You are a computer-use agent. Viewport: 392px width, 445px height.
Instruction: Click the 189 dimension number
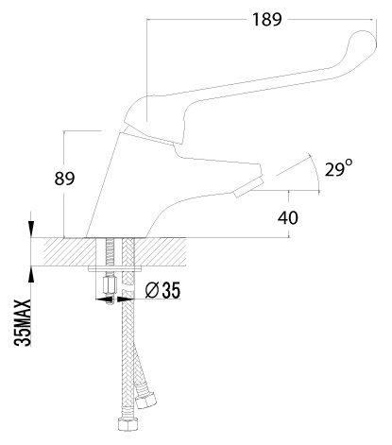(266, 20)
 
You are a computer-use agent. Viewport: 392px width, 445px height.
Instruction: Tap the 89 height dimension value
(64, 179)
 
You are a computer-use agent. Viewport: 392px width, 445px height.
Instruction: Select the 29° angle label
(338, 168)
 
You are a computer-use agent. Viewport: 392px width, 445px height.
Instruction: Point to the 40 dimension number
(287, 217)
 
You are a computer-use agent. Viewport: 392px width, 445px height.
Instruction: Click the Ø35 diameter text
(162, 290)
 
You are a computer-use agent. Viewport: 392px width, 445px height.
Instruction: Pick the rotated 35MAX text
(23, 322)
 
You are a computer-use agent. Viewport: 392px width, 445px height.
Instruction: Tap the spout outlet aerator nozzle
(248, 187)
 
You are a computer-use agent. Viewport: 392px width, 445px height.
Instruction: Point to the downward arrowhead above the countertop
(31, 228)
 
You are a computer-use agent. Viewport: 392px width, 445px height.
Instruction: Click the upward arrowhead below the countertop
(31, 275)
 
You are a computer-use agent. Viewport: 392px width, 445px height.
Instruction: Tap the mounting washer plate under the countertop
(114, 268)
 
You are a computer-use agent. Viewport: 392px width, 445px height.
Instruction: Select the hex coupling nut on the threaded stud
(111, 283)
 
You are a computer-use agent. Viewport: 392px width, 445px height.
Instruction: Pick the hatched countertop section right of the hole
(161, 251)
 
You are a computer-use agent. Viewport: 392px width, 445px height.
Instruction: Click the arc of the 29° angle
(315, 173)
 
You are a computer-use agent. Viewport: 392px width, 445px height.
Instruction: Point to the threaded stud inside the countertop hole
(111, 252)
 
